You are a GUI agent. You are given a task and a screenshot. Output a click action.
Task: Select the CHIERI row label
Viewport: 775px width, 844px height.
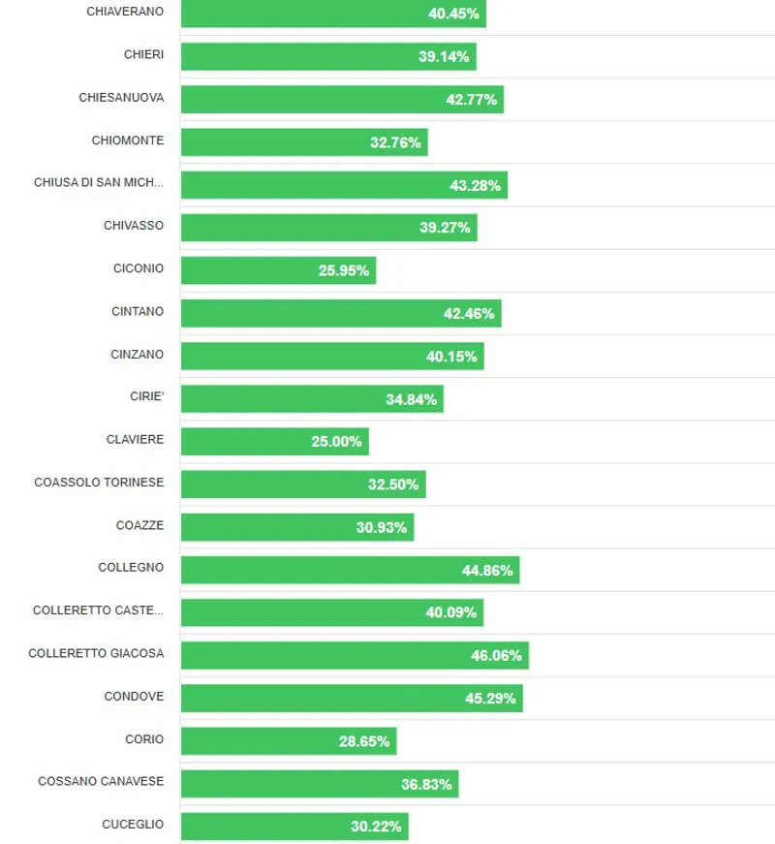(143, 55)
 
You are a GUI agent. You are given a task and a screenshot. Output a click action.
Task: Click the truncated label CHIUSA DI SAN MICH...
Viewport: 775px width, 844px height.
(99, 183)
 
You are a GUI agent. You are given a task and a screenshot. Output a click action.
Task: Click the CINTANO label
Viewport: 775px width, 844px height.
(138, 312)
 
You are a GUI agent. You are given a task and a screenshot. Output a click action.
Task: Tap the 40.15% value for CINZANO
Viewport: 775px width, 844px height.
(451, 357)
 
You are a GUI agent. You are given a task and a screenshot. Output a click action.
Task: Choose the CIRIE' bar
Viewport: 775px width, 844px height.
(311, 399)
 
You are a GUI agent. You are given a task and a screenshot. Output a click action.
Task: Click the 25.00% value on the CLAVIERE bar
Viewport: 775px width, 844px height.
(336, 442)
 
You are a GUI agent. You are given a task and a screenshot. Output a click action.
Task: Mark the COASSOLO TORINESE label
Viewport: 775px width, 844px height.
(99, 483)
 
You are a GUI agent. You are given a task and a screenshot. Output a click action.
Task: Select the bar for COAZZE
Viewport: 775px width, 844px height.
(296, 527)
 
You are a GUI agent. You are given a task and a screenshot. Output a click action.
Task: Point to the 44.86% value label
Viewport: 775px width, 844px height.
(487, 570)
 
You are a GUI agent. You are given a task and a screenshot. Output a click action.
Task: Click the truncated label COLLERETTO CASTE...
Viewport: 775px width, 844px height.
(98, 610)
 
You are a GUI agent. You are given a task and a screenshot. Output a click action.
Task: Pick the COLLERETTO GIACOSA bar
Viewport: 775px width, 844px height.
(354, 655)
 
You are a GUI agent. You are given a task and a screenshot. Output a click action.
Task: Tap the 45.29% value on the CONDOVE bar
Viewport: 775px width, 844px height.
(490, 698)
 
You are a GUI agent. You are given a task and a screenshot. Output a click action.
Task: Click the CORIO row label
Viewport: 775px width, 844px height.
(144, 739)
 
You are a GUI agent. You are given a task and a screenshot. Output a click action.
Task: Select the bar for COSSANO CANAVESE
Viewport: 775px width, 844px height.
(319, 784)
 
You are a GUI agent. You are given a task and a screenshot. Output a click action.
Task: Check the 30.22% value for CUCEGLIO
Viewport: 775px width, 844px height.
(376, 827)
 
